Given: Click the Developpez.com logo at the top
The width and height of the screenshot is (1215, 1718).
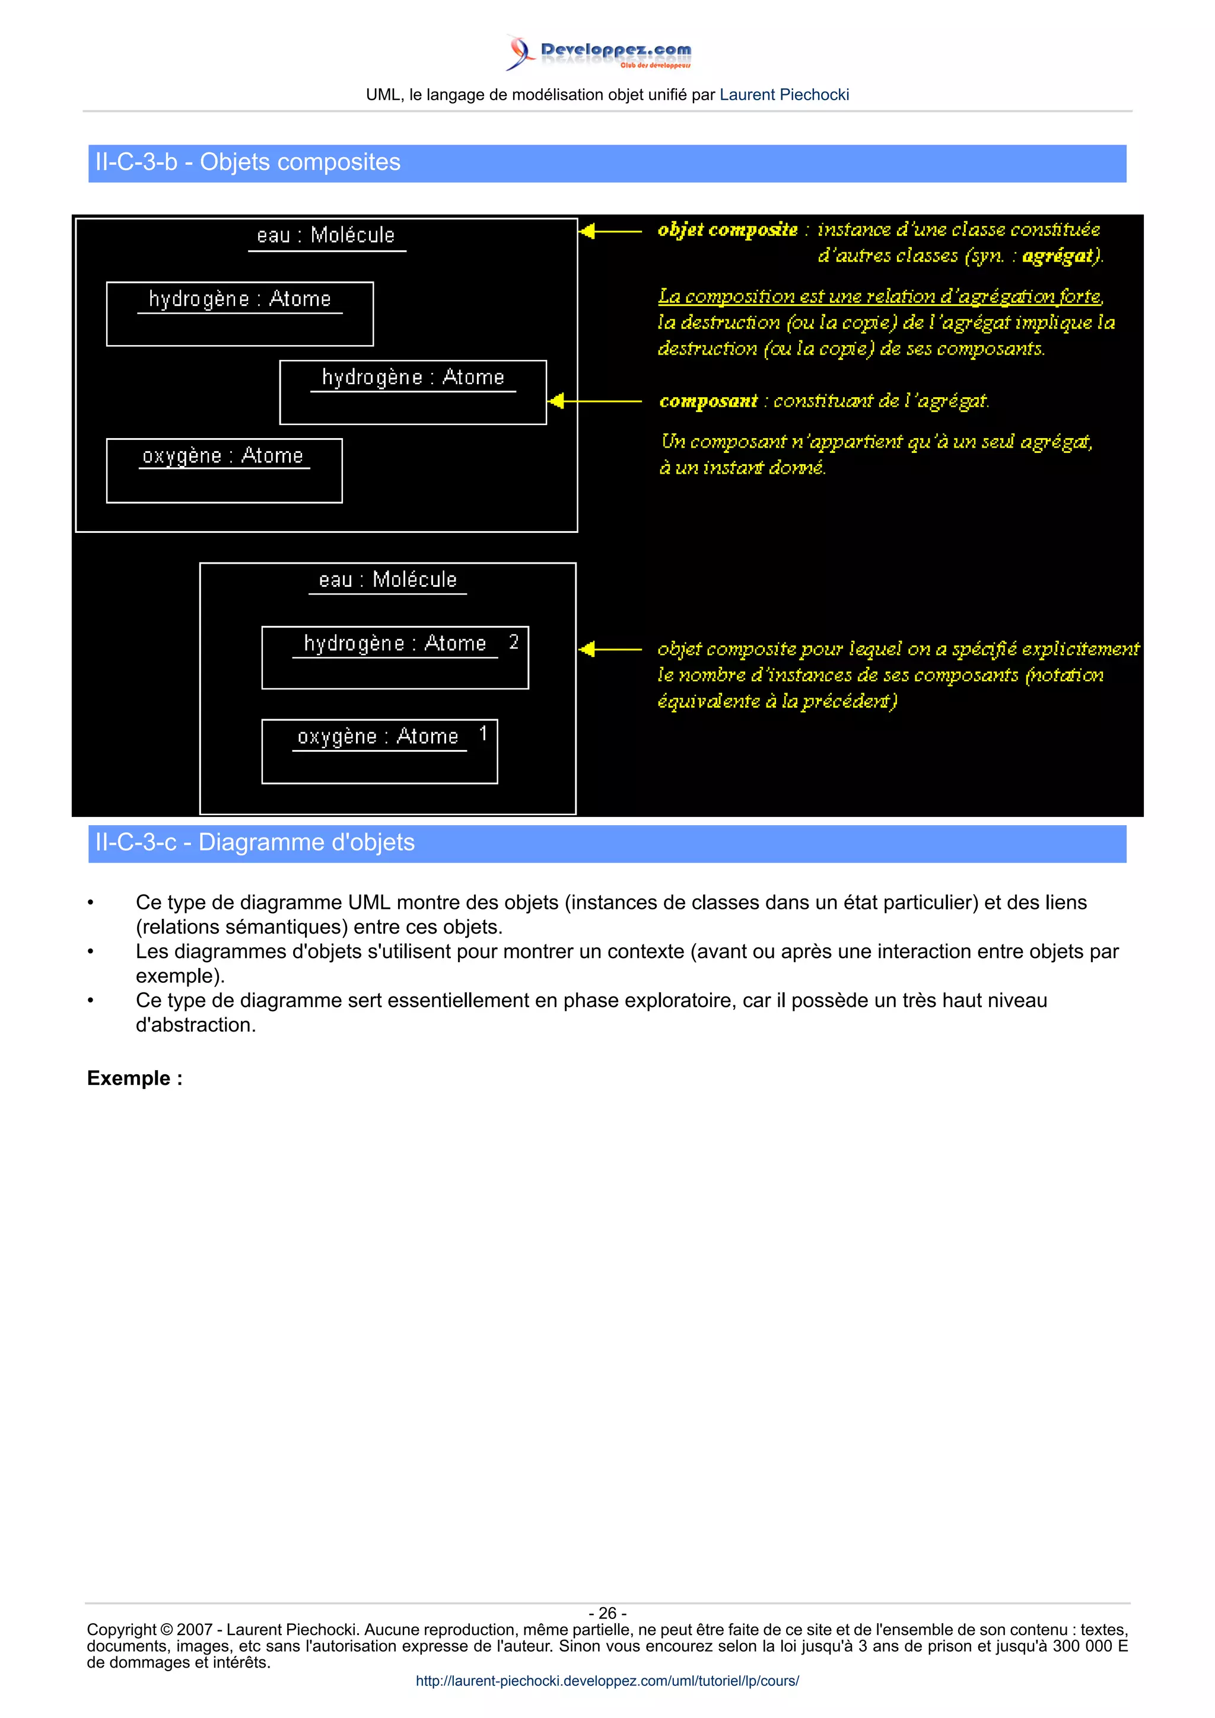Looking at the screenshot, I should pos(599,52).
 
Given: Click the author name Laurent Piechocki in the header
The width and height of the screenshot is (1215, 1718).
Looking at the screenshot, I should pos(784,95).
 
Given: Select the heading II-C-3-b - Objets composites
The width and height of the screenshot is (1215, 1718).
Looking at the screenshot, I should pos(248,162).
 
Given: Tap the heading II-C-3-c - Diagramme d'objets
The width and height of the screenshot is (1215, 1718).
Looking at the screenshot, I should pos(255,842).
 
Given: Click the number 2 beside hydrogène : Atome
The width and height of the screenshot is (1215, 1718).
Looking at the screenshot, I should pos(514,642).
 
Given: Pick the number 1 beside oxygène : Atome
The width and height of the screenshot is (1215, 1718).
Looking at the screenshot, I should pos(483,733).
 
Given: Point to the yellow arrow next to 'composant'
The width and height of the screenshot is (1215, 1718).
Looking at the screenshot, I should pos(595,402).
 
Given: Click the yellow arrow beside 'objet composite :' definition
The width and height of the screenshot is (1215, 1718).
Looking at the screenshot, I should pos(610,231).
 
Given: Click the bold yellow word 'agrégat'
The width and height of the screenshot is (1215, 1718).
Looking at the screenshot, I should pos(1061,257).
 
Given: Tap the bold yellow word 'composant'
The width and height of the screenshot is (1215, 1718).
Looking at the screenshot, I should pos(708,402).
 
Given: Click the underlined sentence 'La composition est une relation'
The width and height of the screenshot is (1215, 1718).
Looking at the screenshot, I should pos(880,297).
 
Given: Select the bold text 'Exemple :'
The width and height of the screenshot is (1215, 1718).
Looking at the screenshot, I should pos(135,1078).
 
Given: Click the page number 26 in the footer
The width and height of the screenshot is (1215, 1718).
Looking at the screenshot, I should pos(607,1613).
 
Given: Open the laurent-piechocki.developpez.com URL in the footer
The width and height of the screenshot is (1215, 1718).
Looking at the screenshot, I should pos(607,1681).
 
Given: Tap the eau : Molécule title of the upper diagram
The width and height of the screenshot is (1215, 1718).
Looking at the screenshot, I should pos(326,236).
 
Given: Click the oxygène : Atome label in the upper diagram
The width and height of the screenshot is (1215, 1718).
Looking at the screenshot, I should pos(222,456).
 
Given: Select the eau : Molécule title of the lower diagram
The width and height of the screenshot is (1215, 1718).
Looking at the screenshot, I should pos(387,580).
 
